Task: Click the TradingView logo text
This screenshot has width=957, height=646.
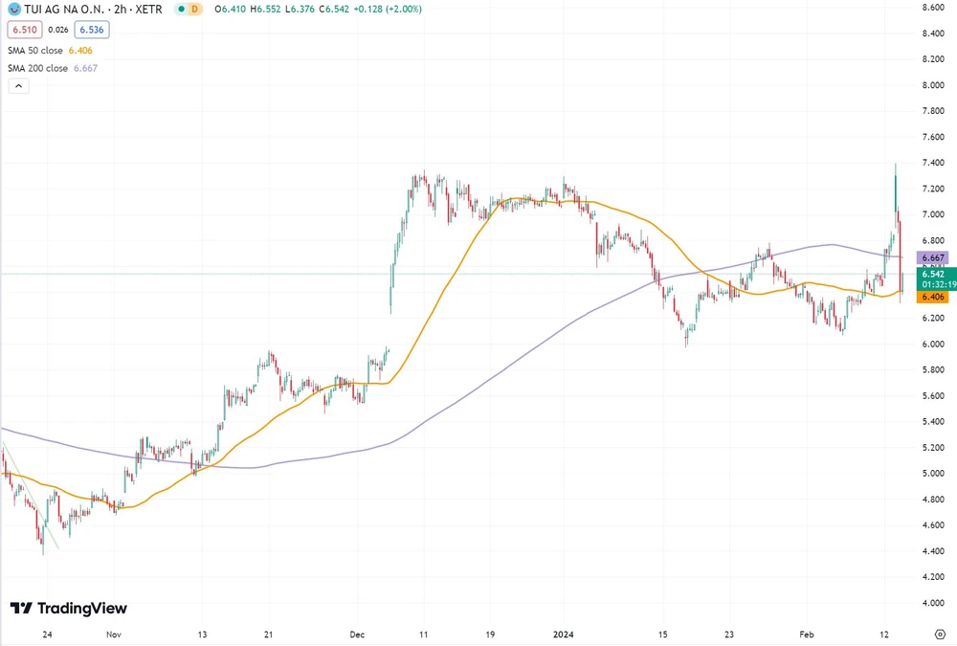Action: (x=80, y=609)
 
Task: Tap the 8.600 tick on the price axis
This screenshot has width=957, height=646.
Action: (x=934, y=8)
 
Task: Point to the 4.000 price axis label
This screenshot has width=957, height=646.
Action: (x=934, y=603)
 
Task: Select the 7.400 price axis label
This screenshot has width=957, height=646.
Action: (x=934, y=163)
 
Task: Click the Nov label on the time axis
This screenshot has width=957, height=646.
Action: (x=114, y=634)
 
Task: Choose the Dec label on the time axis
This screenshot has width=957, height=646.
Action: (x=357, y=634)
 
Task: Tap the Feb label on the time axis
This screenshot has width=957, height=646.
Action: (x=806, y=634)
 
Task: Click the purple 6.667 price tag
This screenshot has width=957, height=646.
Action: (x=932, y=258)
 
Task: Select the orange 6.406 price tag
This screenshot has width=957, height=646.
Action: (x=932, y=297)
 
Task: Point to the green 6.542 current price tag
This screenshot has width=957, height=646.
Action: (x=932, y=274)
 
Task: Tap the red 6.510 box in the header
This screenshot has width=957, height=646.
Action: (x=23, y=30)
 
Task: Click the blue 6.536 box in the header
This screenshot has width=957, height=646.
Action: (x=91, y=30)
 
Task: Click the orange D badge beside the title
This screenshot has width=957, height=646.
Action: (x=194, y=9)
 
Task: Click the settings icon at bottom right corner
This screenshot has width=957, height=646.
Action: (x=939, y=634)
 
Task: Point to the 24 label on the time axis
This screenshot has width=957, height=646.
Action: (x=47, y=634)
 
